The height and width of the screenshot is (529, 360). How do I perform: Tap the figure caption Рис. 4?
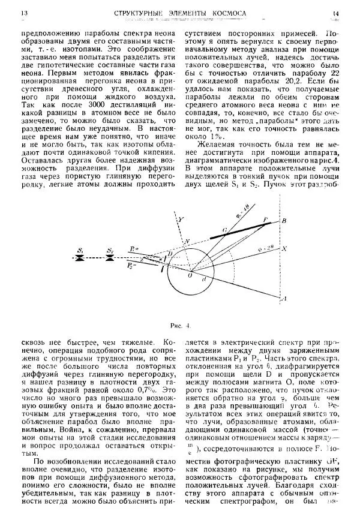pyautogui.click(x=180, y=326)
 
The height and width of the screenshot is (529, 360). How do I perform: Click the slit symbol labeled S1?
pyautogui.click(x=80, y=259)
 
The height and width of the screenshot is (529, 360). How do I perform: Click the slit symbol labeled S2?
pyautogui.click(x=110, y=259)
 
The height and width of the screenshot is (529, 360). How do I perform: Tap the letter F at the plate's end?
pyautogui.click(x=265, y=221)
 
